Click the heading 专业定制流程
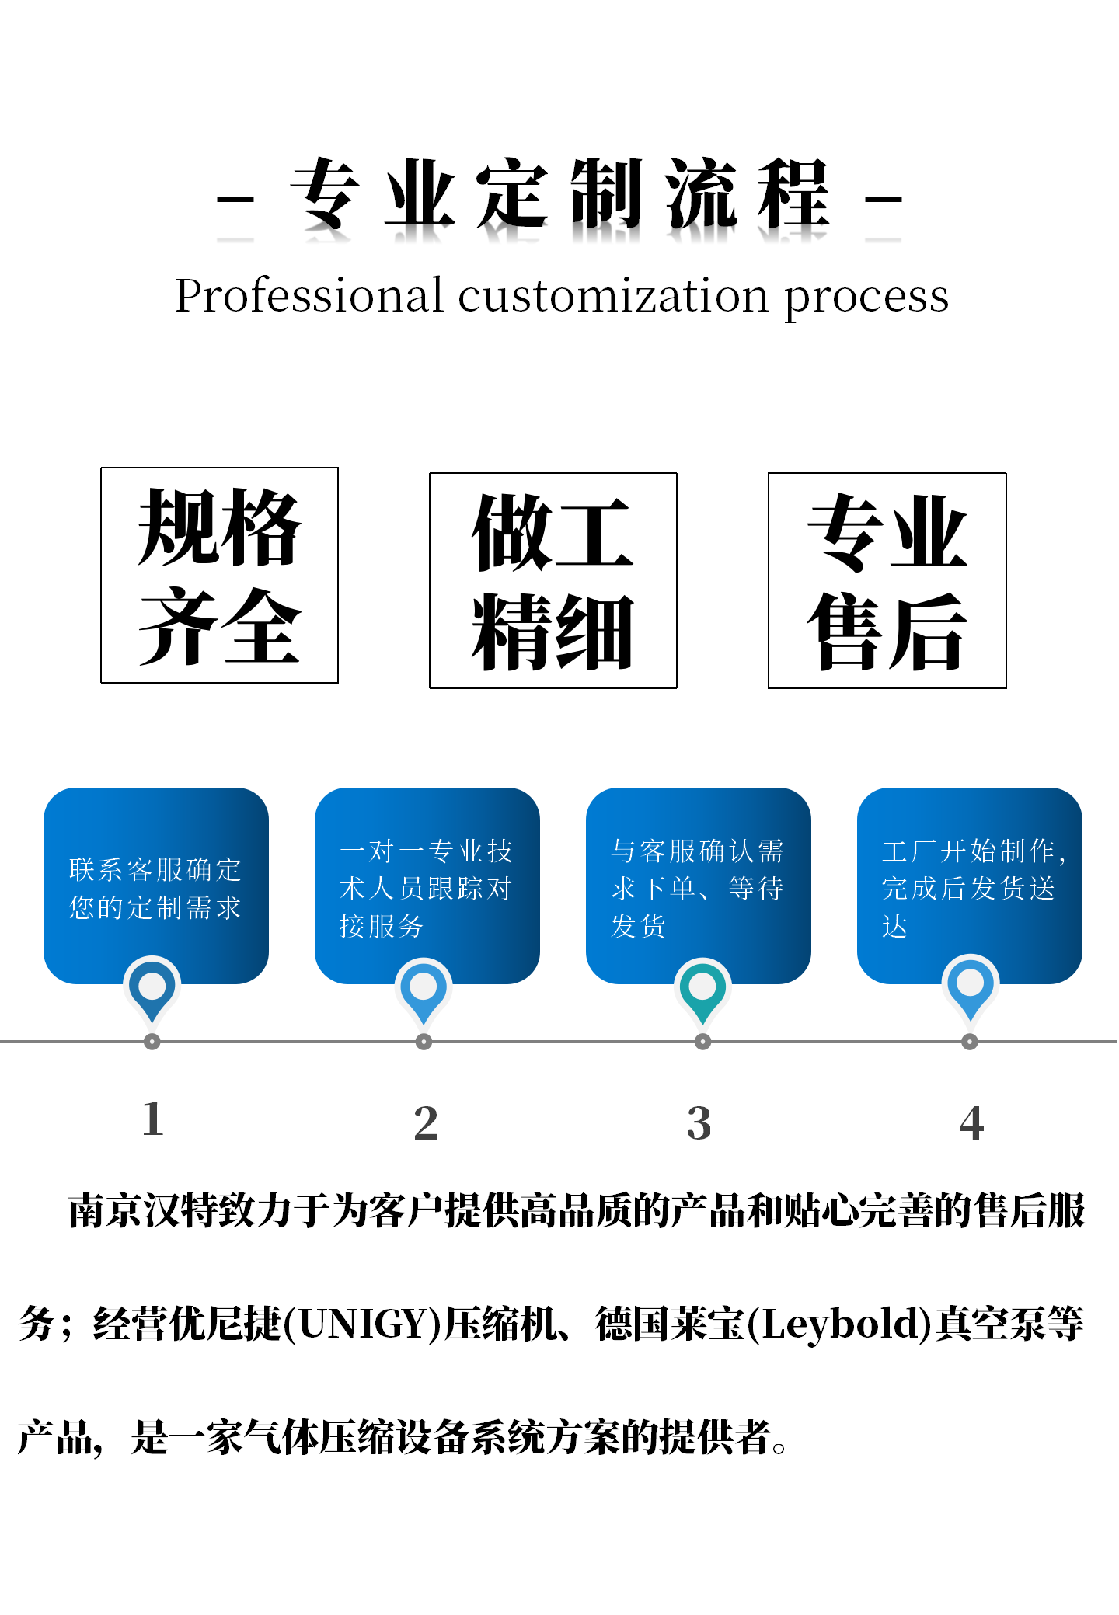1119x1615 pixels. (559, 194)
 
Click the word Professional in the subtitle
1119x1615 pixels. (309, 296)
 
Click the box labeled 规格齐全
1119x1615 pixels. (219, 576)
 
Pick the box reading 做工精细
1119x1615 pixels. (553, 581)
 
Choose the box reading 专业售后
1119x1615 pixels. (887, 581)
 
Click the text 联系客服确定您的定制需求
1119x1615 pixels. (155, 889)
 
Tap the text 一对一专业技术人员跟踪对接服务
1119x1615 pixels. (426, 889)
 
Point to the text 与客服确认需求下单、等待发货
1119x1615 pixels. (697, 889)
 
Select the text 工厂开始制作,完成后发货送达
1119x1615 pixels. (971, 889)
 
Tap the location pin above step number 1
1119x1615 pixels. (152, 988)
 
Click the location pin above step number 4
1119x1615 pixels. (970, 987)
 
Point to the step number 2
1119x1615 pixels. (426, 1123)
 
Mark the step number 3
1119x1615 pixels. (699, 1123)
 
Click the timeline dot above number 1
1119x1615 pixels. (152, 1042)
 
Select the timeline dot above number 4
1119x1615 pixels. (970, 1042)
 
